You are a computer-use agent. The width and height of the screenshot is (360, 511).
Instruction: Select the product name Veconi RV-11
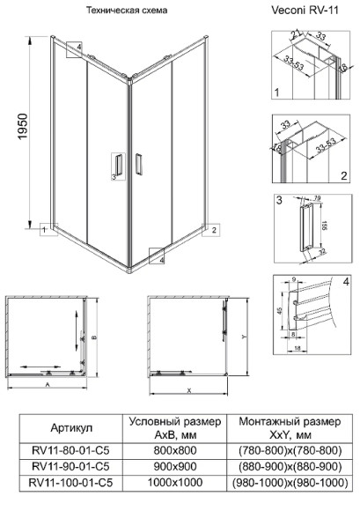(x=307, y=11)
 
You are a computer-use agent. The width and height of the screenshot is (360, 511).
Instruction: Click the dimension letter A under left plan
(x=47, y=385)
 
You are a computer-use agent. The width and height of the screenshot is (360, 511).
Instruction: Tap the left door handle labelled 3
(x=118, y=166)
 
